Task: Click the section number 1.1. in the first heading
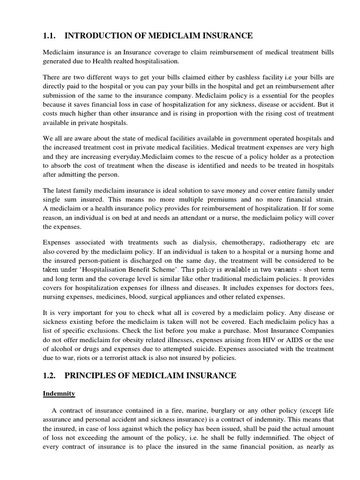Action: pos(50,36)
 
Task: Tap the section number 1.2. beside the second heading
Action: pos(50,375)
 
